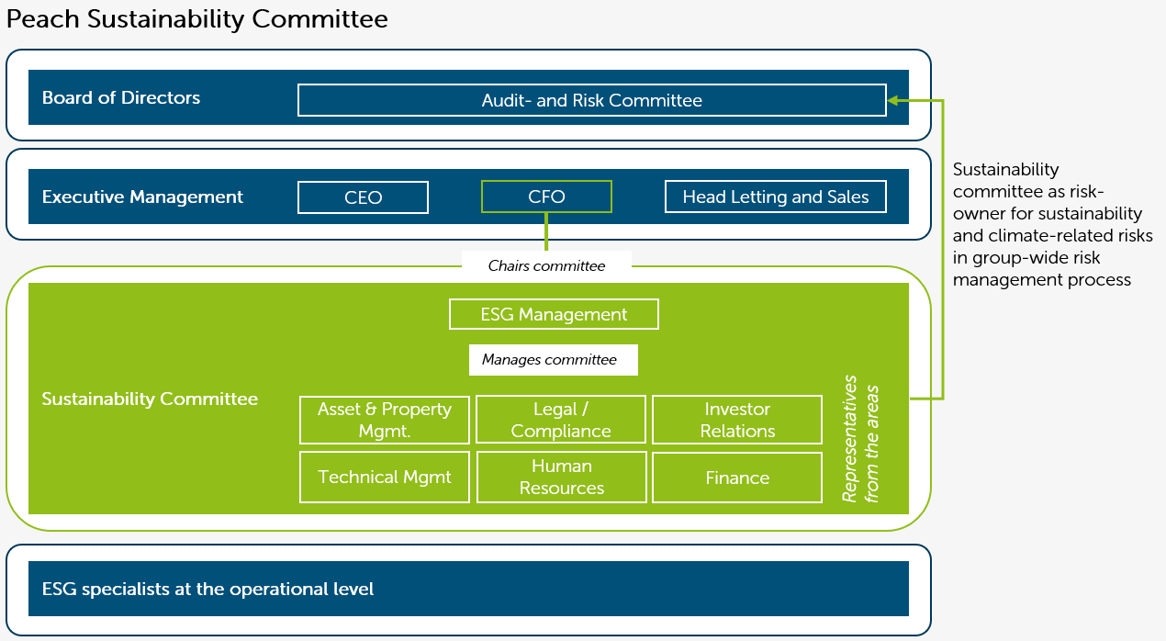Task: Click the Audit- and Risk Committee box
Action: tap(592, 100)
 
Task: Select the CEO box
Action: tap(363, 197)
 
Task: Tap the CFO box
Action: tap(546, 197)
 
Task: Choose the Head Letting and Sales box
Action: tap(776, 197)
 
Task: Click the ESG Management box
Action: tap(554, 314)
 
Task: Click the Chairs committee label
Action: tap(546, 265)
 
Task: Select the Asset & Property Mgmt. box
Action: tap(385, 420)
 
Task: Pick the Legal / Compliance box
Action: tap(561, 420)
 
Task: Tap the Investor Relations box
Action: tap(737, 420)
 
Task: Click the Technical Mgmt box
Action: tap(385, 477)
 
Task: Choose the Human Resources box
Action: tap(562, 477)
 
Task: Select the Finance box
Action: tap(737, 478)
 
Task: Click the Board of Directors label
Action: tap(121, 97)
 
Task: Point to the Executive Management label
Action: tap(142, 197)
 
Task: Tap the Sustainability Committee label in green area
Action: tap(150, 399)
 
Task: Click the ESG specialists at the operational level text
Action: tap(207, 589)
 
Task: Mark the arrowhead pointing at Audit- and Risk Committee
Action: tap(892, 100)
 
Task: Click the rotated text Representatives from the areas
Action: tap(860, 439)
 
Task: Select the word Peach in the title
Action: tap(42, 19)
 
